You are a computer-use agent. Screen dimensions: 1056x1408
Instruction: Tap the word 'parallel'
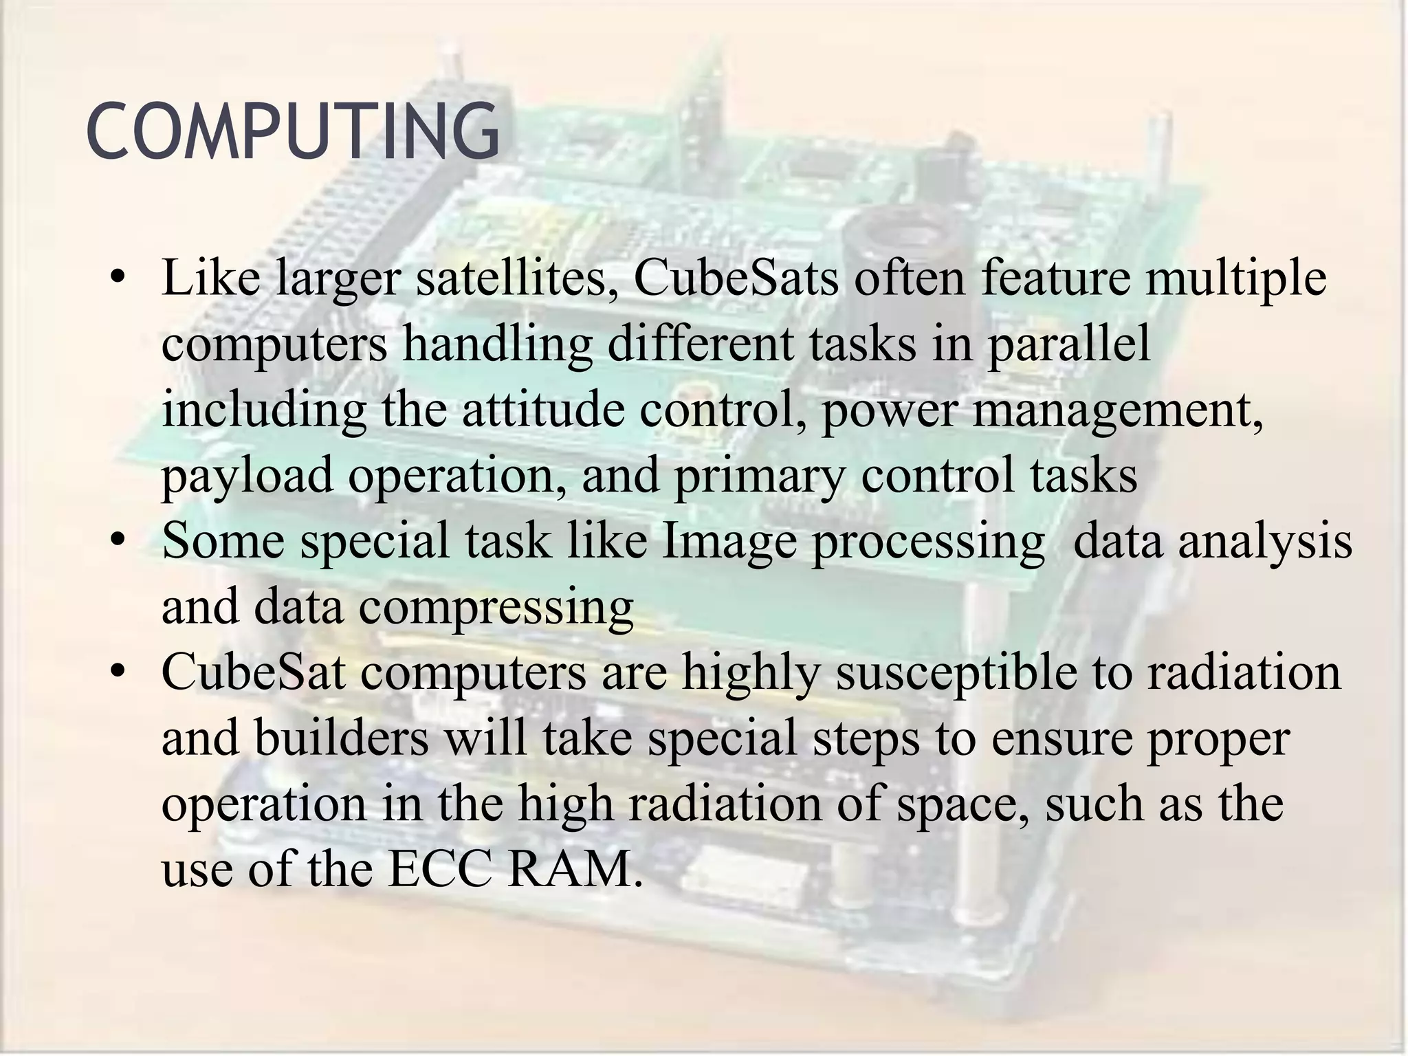click(1068, 344)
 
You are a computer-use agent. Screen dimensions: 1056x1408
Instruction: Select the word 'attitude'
click(542, 410)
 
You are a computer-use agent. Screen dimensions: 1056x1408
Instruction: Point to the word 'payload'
click(247, 476)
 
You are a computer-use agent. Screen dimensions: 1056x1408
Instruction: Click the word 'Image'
click(728, 541)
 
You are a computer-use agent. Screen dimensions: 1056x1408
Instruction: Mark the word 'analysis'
click(1265, 541)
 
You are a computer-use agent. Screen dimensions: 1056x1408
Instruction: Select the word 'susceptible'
click(956, 672)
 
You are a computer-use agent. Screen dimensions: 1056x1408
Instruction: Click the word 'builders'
click(341, 738)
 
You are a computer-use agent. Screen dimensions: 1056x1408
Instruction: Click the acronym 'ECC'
click(439, 869)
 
